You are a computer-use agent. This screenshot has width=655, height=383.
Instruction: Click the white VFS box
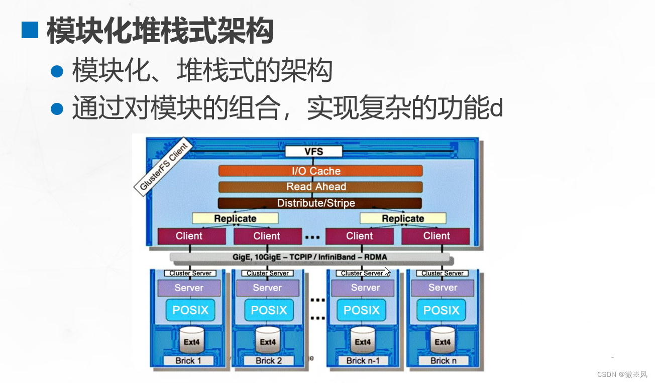pyautogui.click(x=313, y=152)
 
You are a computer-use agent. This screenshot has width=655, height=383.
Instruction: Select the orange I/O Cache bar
pyautogui.click(x=320, y=171)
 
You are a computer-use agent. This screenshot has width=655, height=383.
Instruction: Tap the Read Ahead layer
pyautogui.click(x=320, y=187)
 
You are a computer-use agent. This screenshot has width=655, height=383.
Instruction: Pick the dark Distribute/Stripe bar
pyautogui.click(x=320, y=203)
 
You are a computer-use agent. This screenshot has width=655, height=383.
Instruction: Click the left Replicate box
pyautogui.click(x=235, y=218)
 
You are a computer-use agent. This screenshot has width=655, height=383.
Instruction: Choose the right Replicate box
pyautogui.click(x=403, y=218)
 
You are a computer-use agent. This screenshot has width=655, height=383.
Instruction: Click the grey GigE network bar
pyautogui.click(x=310, y=258)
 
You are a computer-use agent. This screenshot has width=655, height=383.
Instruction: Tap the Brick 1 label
pyautogui.click(x=188, y=360)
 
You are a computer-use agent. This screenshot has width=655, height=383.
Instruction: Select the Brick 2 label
pyautogui.click(x=269, y=360)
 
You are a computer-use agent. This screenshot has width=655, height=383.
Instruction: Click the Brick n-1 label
pyautogui.click(x=363, y=360)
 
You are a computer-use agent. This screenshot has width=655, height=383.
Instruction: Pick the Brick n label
pyautogui.click(x=443, y=360)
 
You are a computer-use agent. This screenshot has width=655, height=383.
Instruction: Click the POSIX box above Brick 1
pyautogui.click(x=190, y=310)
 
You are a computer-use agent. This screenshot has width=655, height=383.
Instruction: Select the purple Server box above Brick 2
pyautogui.click(x=267, y=288)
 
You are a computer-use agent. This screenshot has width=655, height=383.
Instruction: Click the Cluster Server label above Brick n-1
pyautogui.click(x=362, y=273)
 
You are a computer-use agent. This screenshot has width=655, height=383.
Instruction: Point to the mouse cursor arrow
pyautogui.click(x=387, y=271)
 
